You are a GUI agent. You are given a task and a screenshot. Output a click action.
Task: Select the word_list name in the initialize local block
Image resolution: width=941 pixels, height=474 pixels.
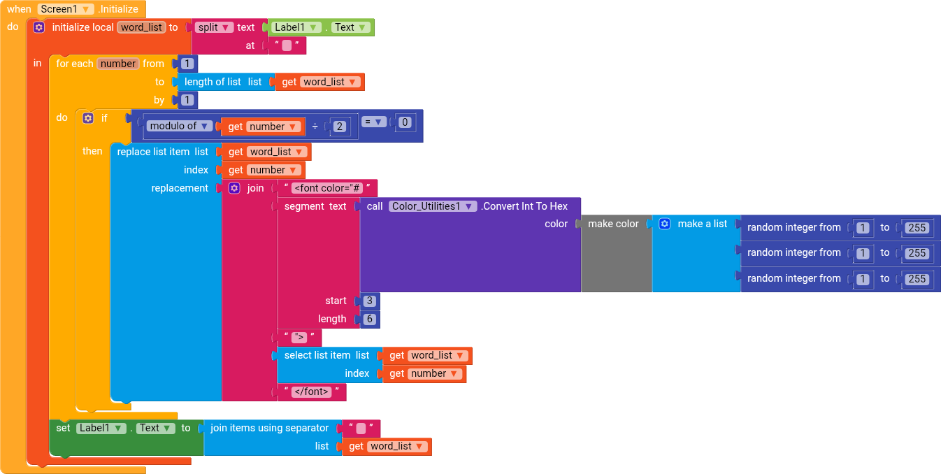pos(141,27)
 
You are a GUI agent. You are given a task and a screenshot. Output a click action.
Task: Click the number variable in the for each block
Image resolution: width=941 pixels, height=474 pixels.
pos(118,64)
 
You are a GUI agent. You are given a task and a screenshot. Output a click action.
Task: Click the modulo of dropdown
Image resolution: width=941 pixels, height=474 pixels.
pos(180,127)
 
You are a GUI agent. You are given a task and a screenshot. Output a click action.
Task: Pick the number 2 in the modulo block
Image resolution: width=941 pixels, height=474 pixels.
pos(339,127)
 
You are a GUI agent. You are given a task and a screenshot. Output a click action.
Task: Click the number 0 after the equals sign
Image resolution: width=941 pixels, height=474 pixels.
pos(405,122)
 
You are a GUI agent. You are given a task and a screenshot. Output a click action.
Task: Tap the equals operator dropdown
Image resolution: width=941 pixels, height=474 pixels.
pos(374,122)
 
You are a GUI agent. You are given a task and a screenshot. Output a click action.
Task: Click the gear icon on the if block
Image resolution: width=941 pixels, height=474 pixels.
pos(88,118)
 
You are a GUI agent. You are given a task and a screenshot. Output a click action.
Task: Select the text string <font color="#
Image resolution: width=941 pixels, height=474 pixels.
pos(327,188)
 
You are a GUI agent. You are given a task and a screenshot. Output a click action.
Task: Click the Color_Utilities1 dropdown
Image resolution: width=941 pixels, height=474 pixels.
pos(433,206)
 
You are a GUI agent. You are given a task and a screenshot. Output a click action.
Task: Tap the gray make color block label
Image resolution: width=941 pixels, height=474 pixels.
pos(613,224)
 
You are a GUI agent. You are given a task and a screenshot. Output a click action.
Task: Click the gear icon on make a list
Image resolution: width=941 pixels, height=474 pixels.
pos(665,224)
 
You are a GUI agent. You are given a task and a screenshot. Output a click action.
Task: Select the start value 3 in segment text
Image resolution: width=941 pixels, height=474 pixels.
pos(370,301)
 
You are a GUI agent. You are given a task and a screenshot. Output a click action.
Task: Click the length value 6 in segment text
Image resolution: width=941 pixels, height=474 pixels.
pos(370,319)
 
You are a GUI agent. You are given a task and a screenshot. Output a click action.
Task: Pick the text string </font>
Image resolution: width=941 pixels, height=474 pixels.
pos(312,392)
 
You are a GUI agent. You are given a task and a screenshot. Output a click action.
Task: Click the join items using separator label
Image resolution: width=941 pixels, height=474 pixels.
pos(269,428)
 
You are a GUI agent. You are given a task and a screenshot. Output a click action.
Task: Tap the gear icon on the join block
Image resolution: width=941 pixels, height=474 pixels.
pos(234,188)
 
